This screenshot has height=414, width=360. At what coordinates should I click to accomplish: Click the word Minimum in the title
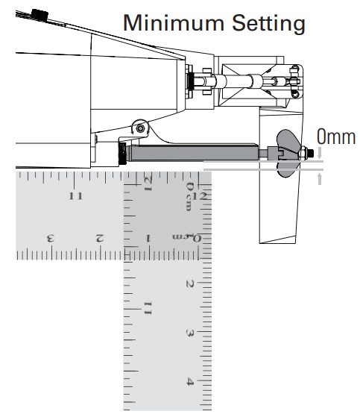[x=174, y=22]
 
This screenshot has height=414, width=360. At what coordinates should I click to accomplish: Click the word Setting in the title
[x=268, y=24]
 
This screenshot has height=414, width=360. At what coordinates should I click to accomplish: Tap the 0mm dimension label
[x=336, y=137]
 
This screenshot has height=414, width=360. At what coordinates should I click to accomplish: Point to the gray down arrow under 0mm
[x=320, y=153]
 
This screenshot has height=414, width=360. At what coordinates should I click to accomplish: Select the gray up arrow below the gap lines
[x=320, y=179]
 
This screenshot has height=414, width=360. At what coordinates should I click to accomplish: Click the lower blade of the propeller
[x=286, y=170]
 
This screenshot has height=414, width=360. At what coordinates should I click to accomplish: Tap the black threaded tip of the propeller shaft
[x=312, y=153]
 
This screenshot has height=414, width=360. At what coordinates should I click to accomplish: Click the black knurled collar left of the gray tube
[x=123, y=154]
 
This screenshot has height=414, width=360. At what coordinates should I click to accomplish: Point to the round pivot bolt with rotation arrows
[x=140, y=128]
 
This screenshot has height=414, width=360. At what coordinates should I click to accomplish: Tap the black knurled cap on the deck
[x=40, y=15]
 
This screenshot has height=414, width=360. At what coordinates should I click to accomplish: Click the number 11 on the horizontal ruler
[x=75, y=196]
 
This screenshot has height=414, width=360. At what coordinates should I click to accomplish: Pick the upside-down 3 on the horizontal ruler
[x=51, y=238]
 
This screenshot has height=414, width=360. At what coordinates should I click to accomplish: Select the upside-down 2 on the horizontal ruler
[x=100, y=238]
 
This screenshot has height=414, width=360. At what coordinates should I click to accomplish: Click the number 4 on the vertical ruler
[x=190, y=381]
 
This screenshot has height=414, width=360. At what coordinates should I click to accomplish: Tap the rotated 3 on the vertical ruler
[x=190, y=333]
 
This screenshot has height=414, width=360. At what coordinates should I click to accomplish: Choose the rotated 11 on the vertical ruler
[x=148, y=308]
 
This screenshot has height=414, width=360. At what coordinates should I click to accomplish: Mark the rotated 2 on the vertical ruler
[x=190, y=284]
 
